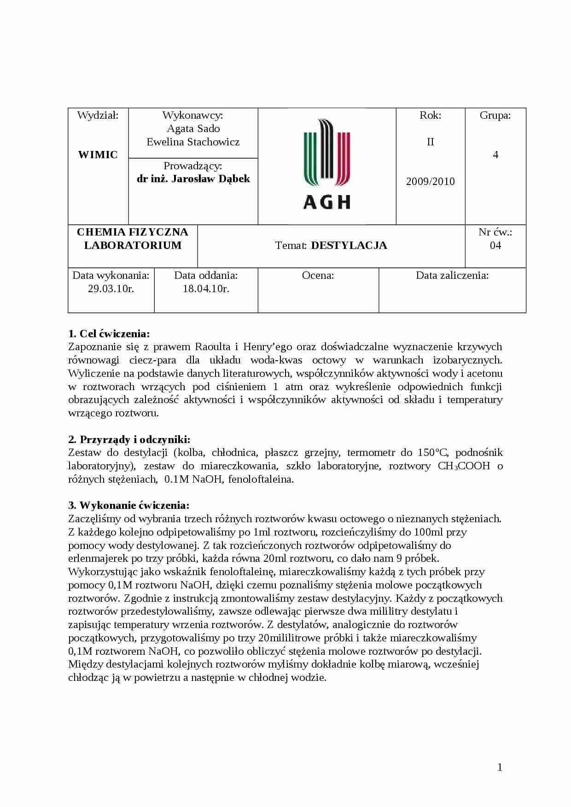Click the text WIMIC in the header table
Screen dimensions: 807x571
(98, 155)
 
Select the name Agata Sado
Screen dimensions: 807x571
(193, 128)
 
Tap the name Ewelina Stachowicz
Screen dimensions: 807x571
(193, 142)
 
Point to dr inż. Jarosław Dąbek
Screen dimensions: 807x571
(193, 179)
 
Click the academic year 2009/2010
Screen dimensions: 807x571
(430, 181)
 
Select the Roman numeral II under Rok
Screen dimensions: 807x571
(430, 142)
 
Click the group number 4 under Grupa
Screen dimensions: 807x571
(495, 155)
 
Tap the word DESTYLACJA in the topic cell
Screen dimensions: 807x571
(349, 246)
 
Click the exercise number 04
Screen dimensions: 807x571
(495, 245)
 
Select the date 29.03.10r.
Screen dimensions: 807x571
(111, 289)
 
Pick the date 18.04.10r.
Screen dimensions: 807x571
(206, 289)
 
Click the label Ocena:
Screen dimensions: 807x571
(318, 276)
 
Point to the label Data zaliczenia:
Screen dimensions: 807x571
(452, 276)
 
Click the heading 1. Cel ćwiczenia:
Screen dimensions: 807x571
(109, 334)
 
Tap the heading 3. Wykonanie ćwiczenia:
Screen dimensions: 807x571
(129, 506)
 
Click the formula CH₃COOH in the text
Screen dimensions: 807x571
(463, 466)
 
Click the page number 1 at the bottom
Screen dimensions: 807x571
(500, 767)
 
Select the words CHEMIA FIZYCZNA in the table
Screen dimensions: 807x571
(133, 232)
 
